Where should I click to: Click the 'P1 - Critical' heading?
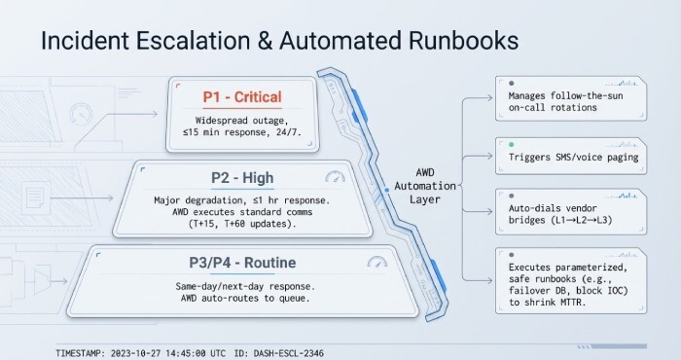[242, 97]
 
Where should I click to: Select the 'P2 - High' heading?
[243, 178]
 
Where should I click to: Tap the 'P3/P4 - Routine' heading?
[242, 263]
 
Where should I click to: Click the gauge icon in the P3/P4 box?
[377, 263]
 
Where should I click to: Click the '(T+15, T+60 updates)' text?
[242, 222]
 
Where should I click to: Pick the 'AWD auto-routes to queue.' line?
[242, 298]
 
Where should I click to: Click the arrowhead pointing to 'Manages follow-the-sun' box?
[488, 97]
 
